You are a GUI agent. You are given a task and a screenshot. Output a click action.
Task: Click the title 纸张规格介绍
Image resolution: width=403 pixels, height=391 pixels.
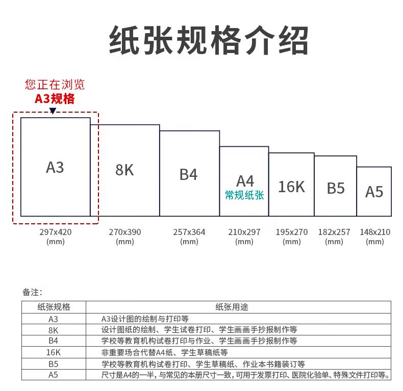point(209,40)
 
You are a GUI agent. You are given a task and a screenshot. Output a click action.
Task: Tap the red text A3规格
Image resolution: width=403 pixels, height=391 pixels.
point(55,99)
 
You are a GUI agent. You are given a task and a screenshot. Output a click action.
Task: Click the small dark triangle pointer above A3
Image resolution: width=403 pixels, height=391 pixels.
point(53,111)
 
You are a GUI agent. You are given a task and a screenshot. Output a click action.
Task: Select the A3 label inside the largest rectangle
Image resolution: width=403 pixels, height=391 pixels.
point(55,167)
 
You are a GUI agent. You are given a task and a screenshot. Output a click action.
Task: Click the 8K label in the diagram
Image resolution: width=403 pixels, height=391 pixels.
point(124,170)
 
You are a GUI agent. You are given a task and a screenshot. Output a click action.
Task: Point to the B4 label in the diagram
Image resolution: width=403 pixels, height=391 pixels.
point(188,174)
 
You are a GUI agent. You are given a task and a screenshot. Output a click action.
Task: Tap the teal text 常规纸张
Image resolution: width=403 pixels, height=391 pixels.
point(244,195)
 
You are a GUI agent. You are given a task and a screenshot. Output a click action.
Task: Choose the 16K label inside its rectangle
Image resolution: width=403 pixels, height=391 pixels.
point(291,187)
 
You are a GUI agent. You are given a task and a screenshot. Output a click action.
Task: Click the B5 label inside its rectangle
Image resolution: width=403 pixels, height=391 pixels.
point(336,188)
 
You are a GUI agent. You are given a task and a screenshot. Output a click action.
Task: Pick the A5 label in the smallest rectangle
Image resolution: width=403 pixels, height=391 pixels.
point(374,192)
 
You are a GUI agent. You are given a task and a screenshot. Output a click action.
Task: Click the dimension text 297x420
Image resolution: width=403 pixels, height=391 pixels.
point(55,232)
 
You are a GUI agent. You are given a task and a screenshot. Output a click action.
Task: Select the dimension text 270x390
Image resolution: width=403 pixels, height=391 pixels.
point(124,232)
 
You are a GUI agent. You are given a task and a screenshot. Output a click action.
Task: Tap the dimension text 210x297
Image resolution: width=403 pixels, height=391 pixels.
point(244,232)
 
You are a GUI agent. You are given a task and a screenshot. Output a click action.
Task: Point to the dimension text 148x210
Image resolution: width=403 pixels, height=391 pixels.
point(375,232)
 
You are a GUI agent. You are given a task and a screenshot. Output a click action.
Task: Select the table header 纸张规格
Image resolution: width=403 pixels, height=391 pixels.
point(54,307)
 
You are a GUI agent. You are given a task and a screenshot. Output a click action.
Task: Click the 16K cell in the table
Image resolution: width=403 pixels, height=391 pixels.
point(54,352)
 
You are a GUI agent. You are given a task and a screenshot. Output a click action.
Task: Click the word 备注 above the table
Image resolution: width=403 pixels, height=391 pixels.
point(32,292)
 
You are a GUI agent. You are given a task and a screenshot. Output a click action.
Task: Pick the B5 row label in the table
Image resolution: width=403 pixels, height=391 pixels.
point(54,364)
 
